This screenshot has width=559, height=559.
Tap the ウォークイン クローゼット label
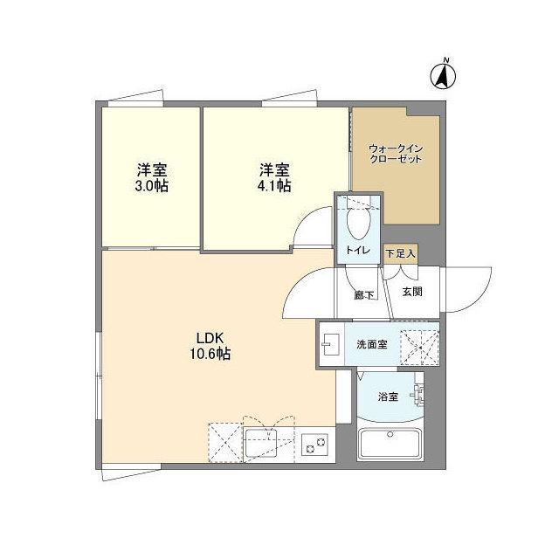coord(395,155)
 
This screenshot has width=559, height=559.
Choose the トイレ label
coord(357,252)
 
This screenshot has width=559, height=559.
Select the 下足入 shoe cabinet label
coord(400,253)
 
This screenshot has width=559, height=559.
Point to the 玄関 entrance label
coord(412,292)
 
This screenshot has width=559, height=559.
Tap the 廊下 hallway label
coord(364,294)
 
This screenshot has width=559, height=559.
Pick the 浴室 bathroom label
coord(388,397)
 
